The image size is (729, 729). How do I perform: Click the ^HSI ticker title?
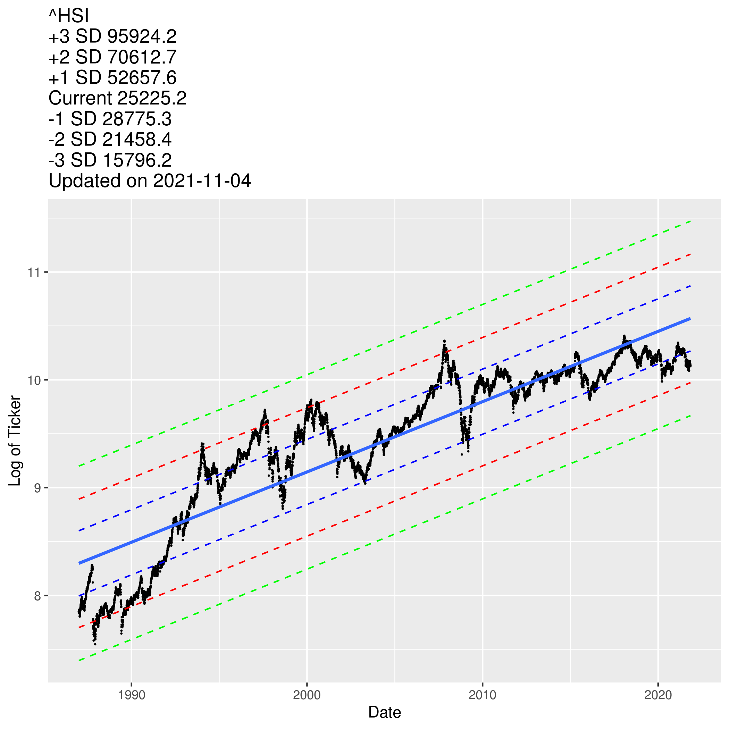(x=69, y=16)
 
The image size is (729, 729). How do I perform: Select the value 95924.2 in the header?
(x=142, y=36)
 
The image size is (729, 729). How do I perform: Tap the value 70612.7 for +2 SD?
(x=142, y=57)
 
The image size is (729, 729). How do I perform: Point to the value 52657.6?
(x=142, y=78)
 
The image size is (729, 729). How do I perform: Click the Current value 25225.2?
(x=152, y=99)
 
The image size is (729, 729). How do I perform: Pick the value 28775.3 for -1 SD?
(x=137, y=119)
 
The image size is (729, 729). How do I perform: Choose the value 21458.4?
(x=137, y=140)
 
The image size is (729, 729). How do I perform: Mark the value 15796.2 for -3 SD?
(x=137, y=160)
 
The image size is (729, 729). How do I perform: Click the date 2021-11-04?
(x=202, y=181)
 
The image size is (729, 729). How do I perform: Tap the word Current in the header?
(x=80, y=99)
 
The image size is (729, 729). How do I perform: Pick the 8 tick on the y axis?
(x=37, y=596)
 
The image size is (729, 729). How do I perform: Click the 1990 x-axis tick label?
(x=131, y=695)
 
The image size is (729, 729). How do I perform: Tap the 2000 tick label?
(x=307, y=695)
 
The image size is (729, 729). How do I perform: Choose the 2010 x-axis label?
(x=483, y=695)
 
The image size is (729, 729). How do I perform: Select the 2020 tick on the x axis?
(x=658, y=695)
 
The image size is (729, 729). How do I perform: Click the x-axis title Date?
(x=385, y=713)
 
